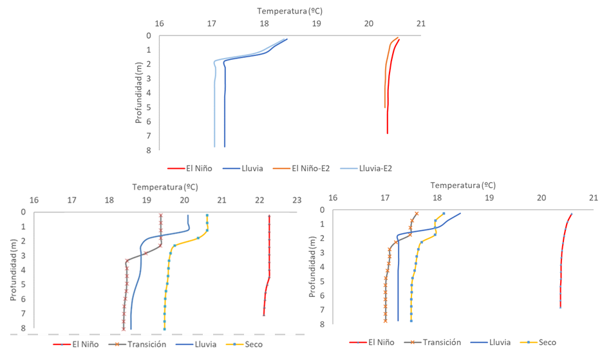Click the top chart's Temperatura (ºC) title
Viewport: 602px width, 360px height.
290,11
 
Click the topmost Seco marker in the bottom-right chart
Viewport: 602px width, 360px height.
444,214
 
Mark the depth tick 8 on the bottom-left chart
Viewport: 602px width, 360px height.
24,328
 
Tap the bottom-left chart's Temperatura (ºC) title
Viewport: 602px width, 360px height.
165,187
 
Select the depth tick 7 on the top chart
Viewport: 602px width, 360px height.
149,136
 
